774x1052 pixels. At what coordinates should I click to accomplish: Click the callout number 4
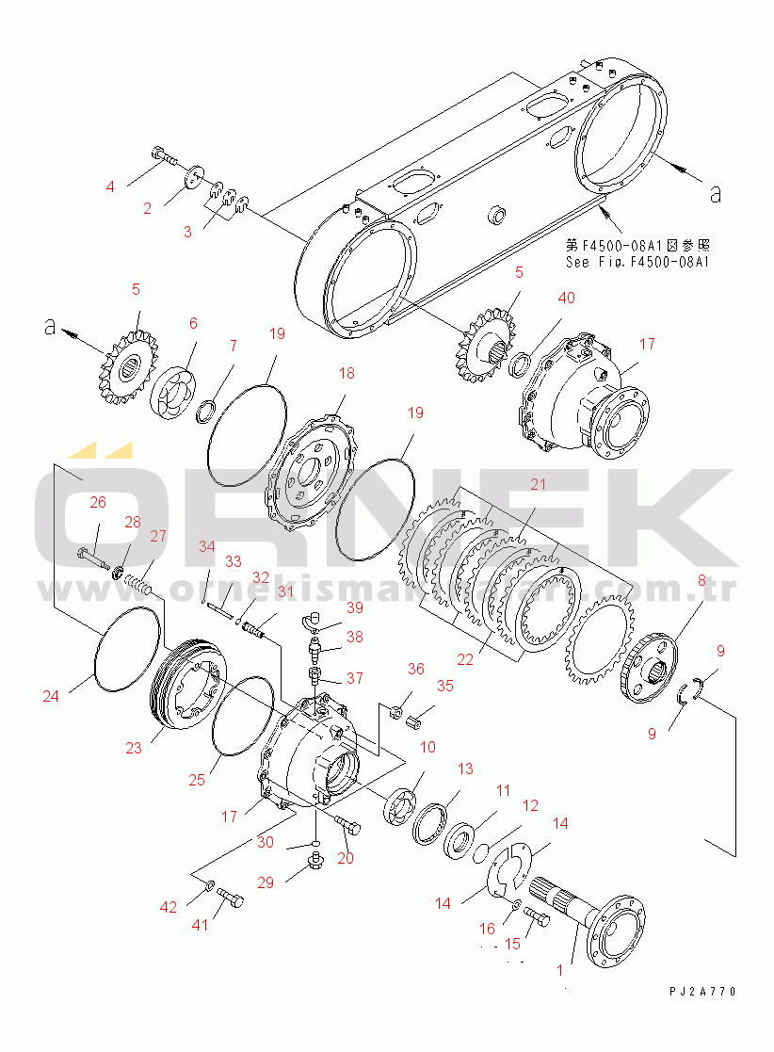(x=110, y=186)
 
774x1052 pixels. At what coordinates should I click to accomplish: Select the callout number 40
(x=565, y=299)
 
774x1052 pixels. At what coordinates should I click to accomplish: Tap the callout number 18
(x=347, y=374)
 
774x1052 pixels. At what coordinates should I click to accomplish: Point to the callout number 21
(x=537, y=485)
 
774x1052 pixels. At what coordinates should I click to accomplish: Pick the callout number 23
(x=134, y=748)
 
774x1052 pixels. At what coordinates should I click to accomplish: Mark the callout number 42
(x=168, y=908)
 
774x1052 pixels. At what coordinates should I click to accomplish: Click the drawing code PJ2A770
(x=702, y=992)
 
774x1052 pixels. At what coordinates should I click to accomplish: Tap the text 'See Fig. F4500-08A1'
(x=637, y=263)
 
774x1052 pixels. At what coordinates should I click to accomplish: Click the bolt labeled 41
(x=230, y=898)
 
